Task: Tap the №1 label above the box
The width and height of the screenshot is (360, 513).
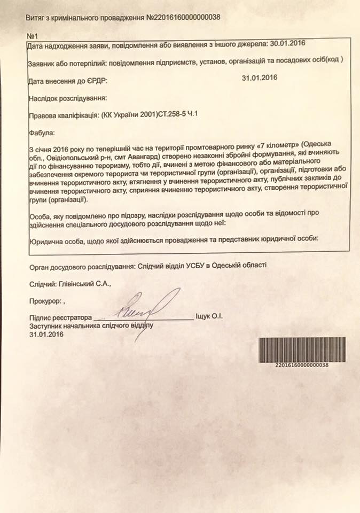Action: point(32,35)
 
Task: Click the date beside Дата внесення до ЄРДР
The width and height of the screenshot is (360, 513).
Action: point(260,78)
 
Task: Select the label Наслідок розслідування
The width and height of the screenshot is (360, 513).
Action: point(67,98)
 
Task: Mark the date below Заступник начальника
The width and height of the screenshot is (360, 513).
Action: point(47,335)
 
